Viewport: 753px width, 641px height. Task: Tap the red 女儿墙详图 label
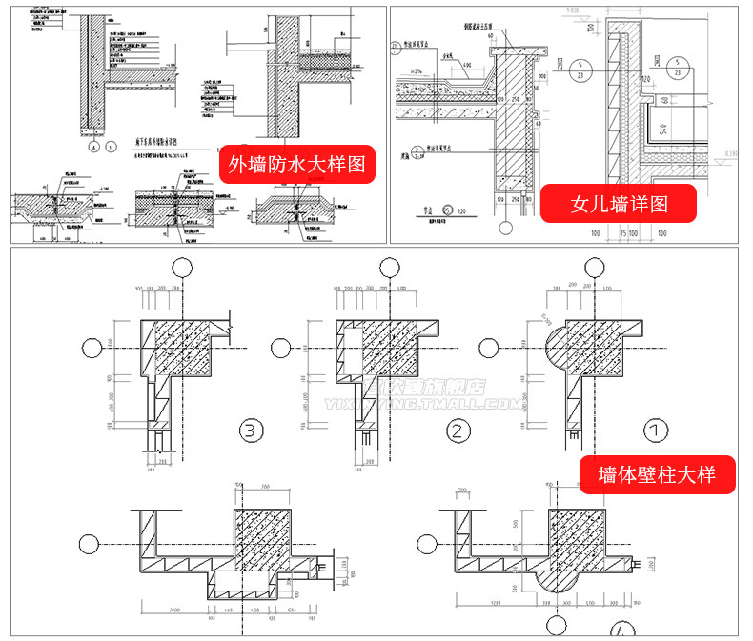coord(619,203)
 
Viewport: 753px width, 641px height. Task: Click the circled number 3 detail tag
coord(250,432)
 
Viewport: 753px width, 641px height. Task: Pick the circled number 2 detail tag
coord(459,432)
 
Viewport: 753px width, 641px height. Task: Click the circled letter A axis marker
coord(93,148)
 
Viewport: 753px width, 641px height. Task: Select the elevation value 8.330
coord(730,153)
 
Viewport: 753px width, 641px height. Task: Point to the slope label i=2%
coord(416,71)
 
